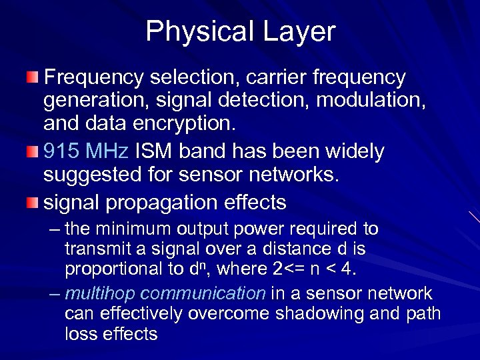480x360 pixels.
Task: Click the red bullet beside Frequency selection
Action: (33, 78)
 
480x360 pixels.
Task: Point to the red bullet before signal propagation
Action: (33, 202)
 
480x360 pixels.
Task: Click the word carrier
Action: (251, 78)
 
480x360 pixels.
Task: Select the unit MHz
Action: (109, 152)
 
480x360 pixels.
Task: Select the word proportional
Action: (111, 269)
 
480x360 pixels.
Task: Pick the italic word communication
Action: (204, 294)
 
